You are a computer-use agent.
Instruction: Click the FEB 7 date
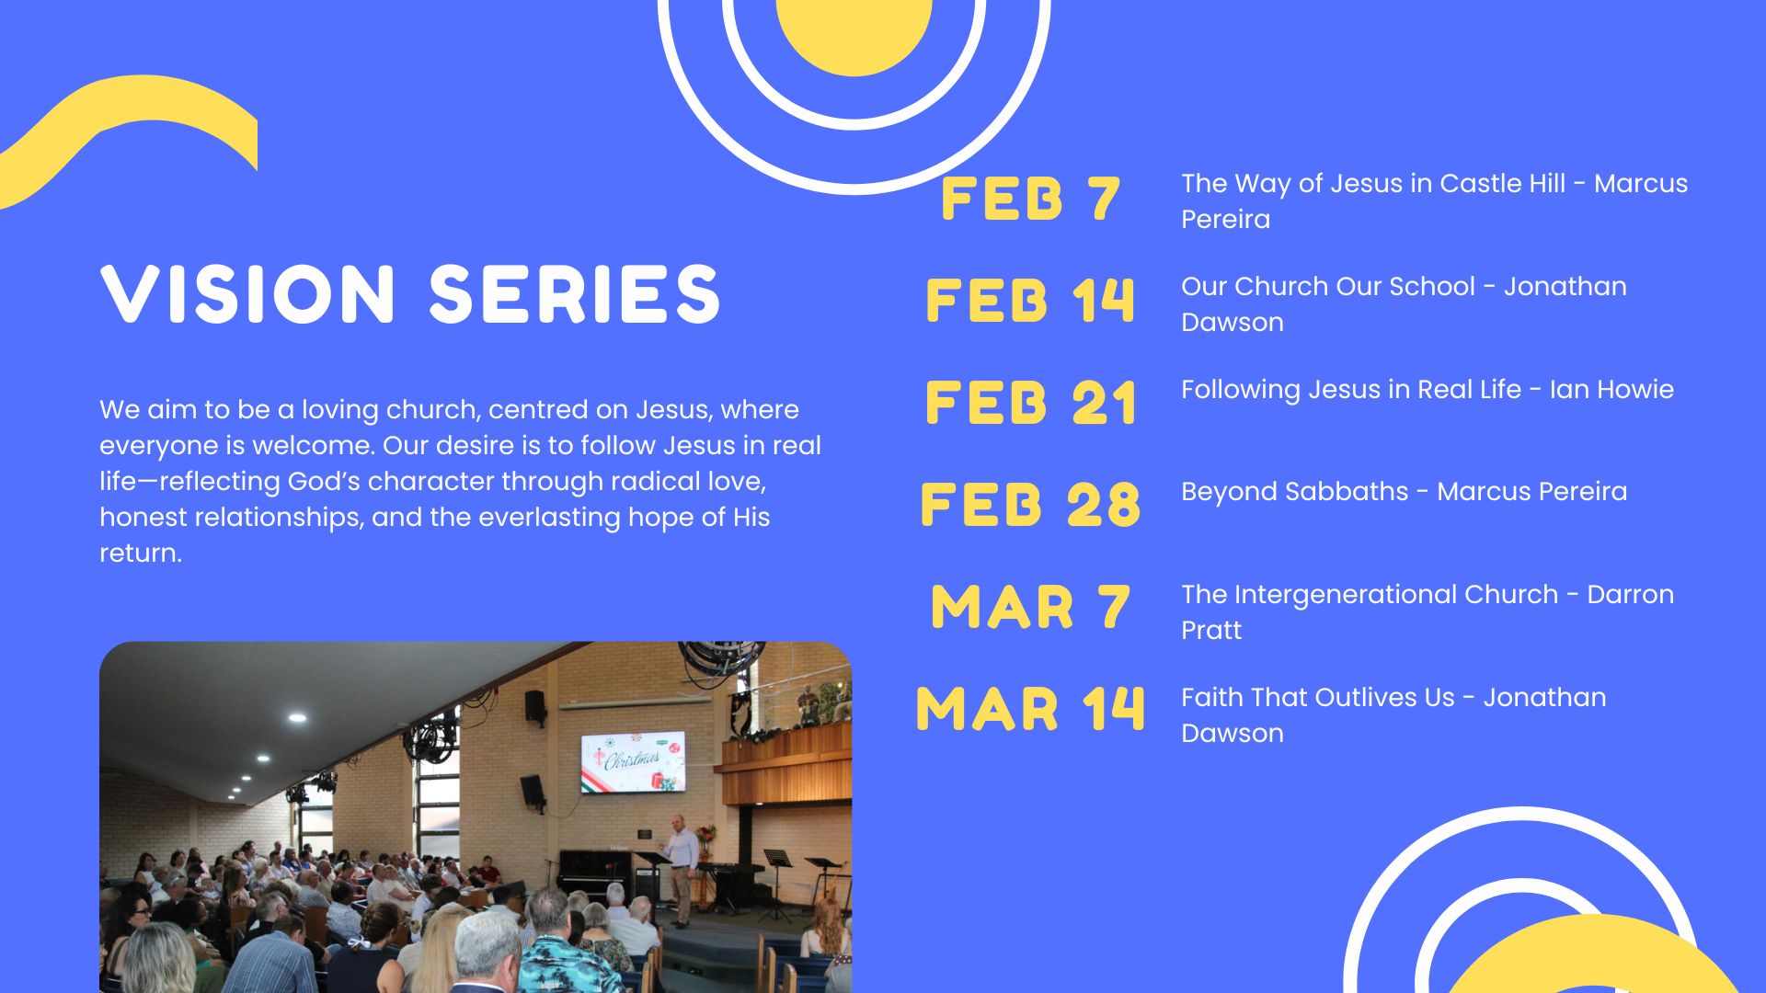(x=1030, y=199)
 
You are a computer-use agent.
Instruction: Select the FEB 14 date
(x=1030, y=301)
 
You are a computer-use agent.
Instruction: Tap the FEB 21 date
(x=1030, y=403)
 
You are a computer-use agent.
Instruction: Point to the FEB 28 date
(x=1030, y=505)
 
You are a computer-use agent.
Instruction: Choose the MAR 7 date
(x=1030, y=607)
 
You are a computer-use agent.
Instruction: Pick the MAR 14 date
(x=1030, y=709)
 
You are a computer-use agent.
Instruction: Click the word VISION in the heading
(x=247, y=294)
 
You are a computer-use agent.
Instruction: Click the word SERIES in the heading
(x=575, y=294)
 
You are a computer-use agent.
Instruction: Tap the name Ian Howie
(x=1611, y=390)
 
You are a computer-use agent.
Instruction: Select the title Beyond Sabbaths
(x=1294, y=492)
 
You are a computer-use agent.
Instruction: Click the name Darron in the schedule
(x=1631, y=595)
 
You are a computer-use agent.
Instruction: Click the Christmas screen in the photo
(x=633, y=761)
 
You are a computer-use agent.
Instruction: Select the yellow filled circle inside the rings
(x=854, y=32)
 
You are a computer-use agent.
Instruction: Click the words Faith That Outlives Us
(x=1318, y=698)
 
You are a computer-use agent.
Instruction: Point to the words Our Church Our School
(x=1328, y=287)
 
